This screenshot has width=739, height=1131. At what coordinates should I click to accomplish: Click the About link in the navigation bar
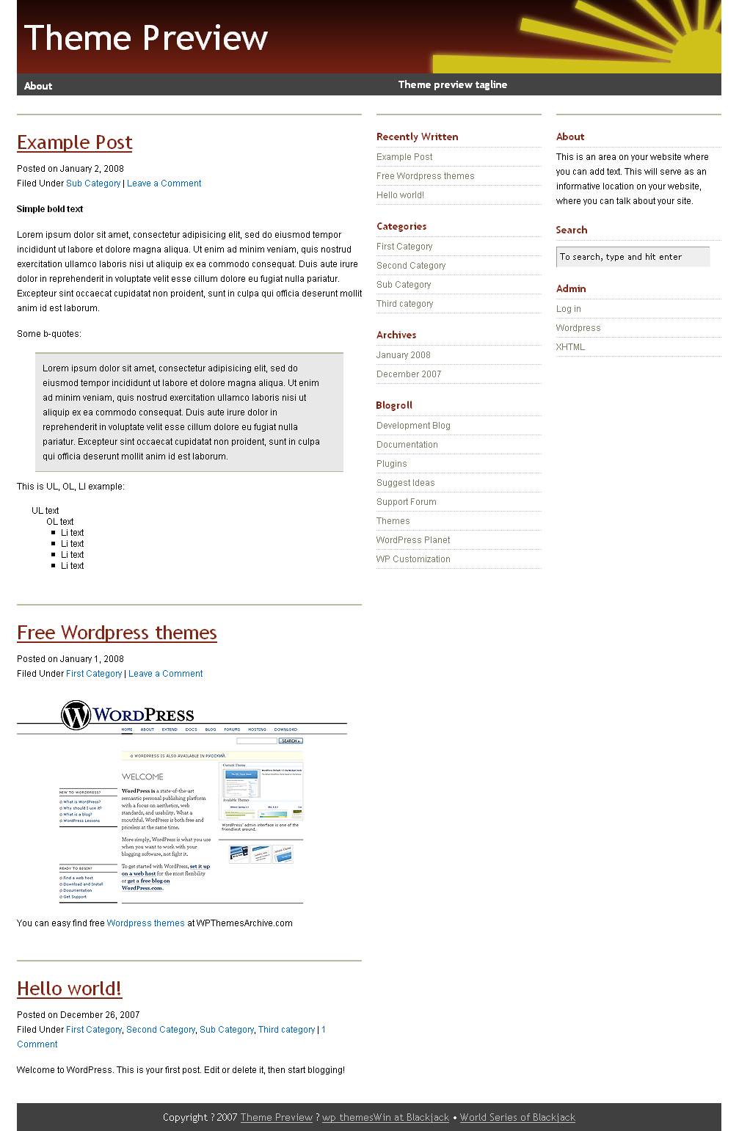38,86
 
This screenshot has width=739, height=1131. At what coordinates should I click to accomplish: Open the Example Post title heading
74,142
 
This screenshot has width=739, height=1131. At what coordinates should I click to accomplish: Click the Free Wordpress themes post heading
117,633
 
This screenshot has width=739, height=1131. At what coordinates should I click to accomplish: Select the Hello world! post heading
69,989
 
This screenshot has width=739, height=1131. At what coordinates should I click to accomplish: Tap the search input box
633,257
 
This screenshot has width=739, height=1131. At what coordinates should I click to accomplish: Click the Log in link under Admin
568,309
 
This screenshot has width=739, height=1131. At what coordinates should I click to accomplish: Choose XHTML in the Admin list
570,347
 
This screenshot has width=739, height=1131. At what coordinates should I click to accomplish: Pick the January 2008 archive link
403,355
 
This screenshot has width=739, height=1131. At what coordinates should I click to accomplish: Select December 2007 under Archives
409,374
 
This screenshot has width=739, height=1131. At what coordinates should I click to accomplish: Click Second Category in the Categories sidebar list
411,266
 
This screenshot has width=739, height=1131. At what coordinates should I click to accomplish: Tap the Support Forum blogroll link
406,502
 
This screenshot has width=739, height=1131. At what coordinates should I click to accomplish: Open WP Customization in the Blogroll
413,559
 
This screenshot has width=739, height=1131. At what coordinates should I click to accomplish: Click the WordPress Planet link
413,540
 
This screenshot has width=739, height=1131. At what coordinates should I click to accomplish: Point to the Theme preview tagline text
452,84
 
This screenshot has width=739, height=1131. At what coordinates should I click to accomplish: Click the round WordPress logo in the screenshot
76,715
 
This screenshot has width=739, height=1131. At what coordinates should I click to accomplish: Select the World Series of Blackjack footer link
517,1118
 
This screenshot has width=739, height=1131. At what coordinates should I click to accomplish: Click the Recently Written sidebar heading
417,137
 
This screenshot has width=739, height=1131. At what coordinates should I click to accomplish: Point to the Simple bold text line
50,209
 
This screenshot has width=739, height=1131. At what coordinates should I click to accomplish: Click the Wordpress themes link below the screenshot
145,923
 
